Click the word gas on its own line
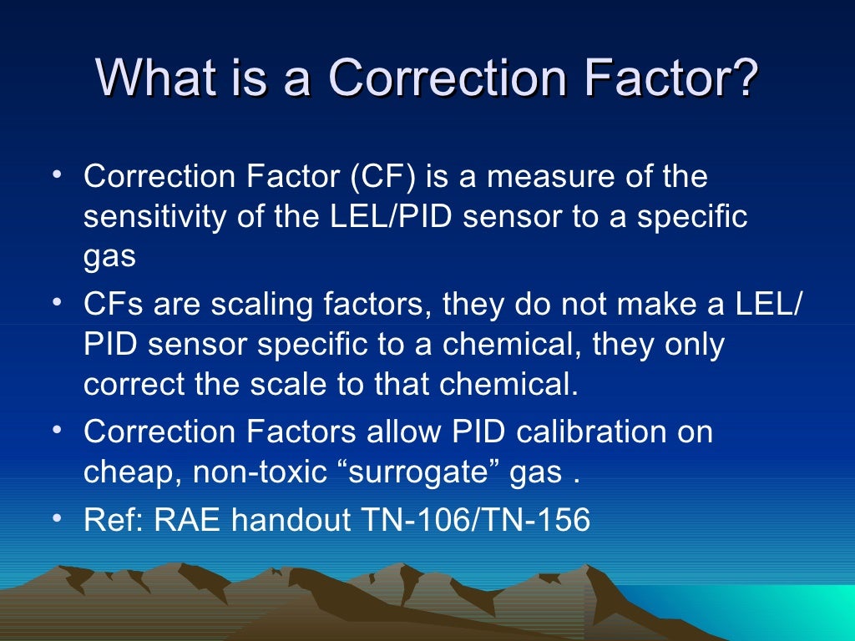109,257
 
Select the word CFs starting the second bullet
111,305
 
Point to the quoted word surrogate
425,473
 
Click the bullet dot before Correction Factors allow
54,429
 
